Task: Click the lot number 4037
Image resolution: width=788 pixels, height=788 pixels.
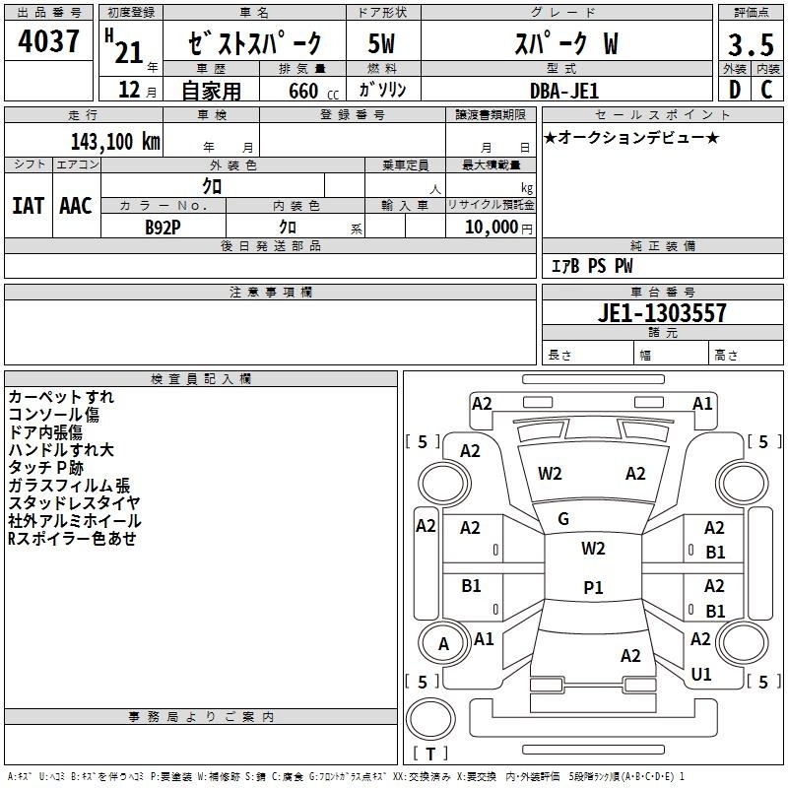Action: tap(48, 40)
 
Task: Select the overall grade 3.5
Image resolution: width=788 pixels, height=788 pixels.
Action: tap(751, 45)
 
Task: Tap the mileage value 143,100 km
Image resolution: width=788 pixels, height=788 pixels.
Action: tap(115, 142)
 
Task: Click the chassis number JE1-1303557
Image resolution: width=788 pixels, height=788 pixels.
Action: tap(662, 313)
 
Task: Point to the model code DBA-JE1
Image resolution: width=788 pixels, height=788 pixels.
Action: tap(564, 91)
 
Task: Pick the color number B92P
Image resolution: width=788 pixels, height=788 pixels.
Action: tap(163, 228)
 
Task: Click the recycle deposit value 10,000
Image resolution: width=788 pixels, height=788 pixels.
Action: tap(491, 227)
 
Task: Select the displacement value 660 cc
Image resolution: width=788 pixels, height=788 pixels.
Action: tap(313, 91)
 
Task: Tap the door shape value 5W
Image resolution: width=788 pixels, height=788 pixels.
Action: tap(381, 43)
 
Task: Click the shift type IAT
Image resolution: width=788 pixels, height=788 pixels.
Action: tap(29, 206)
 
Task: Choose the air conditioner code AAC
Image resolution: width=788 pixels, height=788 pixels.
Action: tap(76, 206)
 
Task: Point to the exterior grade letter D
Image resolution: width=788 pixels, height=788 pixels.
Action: tap(734, 90)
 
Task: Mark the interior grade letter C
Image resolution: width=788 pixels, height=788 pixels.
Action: tap(767, 90)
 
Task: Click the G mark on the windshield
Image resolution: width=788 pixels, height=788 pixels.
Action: tap(563, 519)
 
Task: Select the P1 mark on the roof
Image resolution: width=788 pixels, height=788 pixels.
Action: tap(593, 587)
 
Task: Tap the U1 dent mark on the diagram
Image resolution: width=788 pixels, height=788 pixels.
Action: tap(701, 674)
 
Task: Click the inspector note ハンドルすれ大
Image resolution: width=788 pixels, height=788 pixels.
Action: tap(61, 450)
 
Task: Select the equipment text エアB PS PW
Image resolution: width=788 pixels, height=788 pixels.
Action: tap(592, 266)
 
